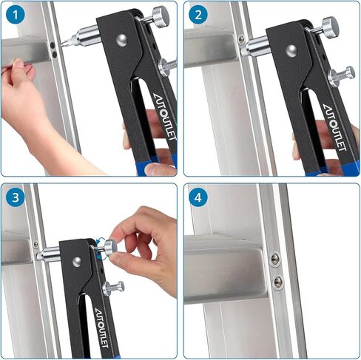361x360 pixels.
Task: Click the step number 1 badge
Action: pyautogui.click(x=13, y=14)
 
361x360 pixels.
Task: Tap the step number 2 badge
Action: pyautogui.click(x=197, y=14)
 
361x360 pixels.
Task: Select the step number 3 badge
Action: pyautogui.click(x=13, y=197)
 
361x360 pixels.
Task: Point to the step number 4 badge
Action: pyautogui.click(x=197, y=197)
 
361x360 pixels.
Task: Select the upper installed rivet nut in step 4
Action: pyautogui.click(x=275, y=259)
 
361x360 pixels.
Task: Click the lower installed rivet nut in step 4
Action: pyautogui.click(x=277, y=280)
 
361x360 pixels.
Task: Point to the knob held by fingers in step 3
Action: pyautogui.click(x=109, y=248)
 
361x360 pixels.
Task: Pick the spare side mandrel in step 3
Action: pyautogui.click(x=113, y=288)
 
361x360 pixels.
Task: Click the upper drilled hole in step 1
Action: pyautogui.click(x=55, y=46)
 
